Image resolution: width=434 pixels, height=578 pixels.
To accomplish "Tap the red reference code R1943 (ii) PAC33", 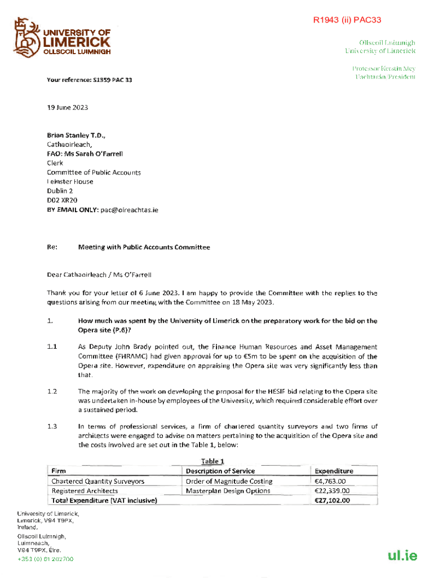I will pos(347,20).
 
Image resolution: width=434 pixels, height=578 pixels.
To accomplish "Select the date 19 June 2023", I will pos(67,107).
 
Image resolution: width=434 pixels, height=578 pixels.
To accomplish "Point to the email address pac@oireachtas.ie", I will pos(130,209).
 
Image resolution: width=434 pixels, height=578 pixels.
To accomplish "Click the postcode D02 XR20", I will pos(62,200).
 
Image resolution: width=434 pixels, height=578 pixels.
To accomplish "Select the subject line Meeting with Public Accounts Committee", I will pos(144,247).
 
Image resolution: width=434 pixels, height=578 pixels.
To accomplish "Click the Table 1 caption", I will pos(209,461).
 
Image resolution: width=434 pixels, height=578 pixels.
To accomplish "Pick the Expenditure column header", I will pos(334,471).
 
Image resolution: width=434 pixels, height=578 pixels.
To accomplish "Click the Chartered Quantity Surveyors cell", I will pos(98,481).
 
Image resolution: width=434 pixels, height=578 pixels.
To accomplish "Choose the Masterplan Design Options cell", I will pos(228,491).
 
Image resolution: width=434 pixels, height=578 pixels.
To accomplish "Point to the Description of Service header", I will pos(220,471).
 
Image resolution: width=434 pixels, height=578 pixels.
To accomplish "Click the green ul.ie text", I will pos(402,555).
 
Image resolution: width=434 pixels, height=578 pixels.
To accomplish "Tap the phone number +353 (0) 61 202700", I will pos(45,559).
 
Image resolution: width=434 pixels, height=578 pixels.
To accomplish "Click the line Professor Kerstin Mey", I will pos(384,68).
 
